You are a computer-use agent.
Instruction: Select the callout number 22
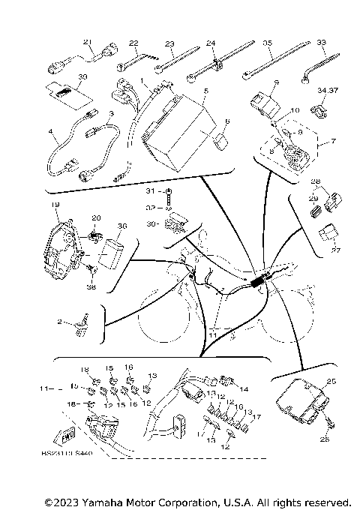[133, 43]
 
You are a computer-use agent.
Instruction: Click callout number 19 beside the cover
[55, 204]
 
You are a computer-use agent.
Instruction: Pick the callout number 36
[123, 225]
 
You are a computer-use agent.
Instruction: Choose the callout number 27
[334, 251]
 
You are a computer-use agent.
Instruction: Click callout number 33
[321, 43]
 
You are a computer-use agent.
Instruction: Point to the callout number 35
[268, 43]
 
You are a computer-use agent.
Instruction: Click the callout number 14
[244, 390]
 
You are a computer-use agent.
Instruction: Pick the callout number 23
[169, 43]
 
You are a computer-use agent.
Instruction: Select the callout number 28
[316, 182]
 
